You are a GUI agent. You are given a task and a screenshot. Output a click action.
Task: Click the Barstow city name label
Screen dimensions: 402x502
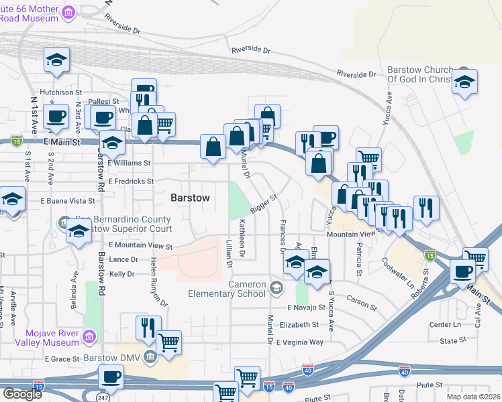(190, 198)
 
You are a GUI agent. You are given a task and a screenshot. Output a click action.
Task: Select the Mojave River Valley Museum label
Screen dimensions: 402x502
(44, 338)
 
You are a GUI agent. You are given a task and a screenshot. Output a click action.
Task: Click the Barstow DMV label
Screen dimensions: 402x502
(118, 357)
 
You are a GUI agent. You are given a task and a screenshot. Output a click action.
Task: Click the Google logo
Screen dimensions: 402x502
(22, 394)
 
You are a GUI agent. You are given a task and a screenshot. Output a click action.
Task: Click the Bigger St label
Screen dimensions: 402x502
(264, 206)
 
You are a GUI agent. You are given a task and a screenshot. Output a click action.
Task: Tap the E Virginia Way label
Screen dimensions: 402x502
(300, 342)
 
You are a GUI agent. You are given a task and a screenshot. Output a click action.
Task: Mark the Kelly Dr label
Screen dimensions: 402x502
(122, 274)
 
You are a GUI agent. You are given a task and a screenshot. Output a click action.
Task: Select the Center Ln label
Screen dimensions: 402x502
(442, 325)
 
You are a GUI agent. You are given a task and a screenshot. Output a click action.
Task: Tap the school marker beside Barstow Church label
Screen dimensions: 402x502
(464, 82)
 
